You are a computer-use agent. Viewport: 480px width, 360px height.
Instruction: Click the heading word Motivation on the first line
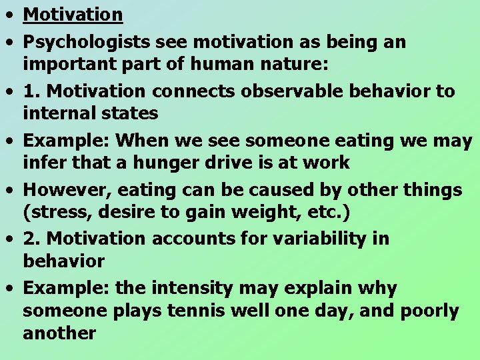coord(73,14)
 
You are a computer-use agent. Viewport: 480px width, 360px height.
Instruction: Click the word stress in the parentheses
coord(54,212)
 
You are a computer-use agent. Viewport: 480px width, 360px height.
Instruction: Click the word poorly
coord(429,311)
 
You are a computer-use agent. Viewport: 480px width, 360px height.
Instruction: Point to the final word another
coord(60,333)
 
